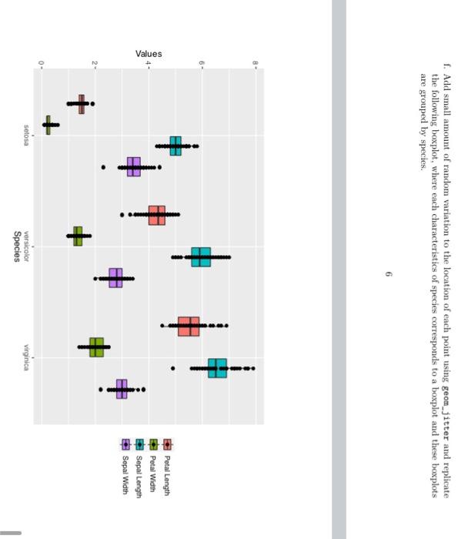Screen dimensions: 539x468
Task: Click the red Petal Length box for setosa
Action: (82, 102)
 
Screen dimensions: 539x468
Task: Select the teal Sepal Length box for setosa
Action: (176, 146)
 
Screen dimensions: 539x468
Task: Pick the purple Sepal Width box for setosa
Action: (134, 166)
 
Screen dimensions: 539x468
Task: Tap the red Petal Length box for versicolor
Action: (157, 215)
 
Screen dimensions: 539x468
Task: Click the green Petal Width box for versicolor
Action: (78, 236)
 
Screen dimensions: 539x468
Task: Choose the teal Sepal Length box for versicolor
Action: (201, 256)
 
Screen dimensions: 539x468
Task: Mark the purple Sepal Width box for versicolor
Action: (115, 278)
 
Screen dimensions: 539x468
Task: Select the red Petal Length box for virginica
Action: (189, 326)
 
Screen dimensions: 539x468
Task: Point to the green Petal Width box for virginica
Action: (96, 347)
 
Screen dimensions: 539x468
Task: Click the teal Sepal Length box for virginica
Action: (218, 368)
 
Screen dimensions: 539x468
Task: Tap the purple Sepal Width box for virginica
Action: (122, 390)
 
